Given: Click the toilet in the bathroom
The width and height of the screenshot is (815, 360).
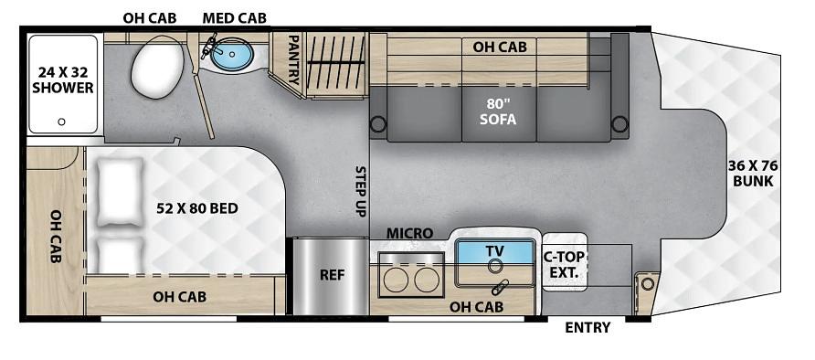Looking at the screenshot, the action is (x=157, y=68).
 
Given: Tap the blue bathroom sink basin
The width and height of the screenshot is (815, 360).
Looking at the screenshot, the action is (x=233, y=55).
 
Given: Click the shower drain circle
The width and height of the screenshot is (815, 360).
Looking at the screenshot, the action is (x=62, y=122).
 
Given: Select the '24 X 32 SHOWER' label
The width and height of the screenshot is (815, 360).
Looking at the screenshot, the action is (x=63, y=80).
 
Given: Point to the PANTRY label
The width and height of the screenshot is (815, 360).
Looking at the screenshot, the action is (x=293, y=59).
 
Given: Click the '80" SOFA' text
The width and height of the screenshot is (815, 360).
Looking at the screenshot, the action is (x=498, y=111).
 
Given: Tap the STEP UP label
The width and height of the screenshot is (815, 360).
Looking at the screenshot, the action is (x=361, y=191).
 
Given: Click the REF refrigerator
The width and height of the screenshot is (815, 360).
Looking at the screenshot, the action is (x=332, y=276).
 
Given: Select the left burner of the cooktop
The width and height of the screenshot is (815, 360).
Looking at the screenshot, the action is (x=396, y=280).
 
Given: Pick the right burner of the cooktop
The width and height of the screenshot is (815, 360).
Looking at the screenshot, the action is (x=428, y=280).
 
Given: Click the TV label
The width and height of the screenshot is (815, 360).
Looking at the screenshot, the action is (x=495, y=251).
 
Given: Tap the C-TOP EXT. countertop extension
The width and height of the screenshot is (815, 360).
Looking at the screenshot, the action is (x=565, y=262).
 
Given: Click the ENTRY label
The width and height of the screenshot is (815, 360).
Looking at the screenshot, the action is (x=587, y=328).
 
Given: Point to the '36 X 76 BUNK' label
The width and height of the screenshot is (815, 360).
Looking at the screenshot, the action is (x=753, y=174).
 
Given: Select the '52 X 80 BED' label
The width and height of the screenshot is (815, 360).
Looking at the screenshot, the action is (x=197, y=209).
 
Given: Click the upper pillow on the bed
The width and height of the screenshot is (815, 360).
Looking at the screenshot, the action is (x=120, y=192).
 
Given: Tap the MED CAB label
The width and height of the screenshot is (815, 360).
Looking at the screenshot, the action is (x=235, y=18).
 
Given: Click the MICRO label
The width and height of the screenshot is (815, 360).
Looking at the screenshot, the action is (x=409, y=234).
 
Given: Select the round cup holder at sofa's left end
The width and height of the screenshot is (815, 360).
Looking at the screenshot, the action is (x=378, y=123).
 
